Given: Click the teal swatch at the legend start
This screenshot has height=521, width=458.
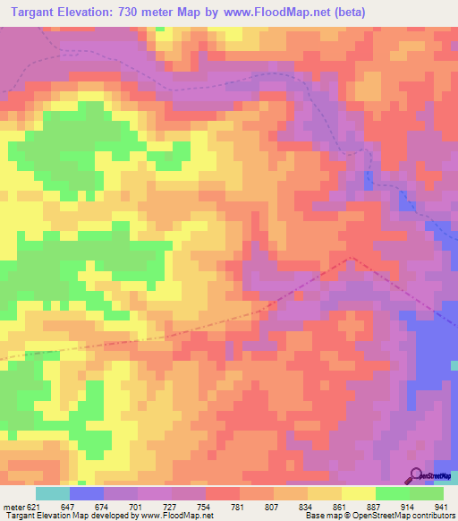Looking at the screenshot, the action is [53, 493].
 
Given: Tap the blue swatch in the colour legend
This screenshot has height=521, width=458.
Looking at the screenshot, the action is [87, 493].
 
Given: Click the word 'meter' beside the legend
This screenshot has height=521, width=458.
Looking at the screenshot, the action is [14, 507].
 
